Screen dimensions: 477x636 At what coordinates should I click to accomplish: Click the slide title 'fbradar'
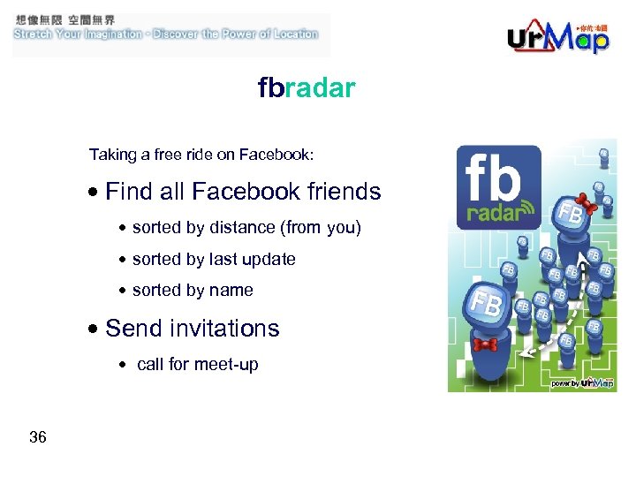[x=307, y=88]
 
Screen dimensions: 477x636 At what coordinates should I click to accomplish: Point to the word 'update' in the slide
[x=270, y=260]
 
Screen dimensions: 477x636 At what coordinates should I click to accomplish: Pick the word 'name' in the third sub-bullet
[x=232, y=291]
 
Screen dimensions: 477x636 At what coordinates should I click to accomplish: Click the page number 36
[x=38, y=437]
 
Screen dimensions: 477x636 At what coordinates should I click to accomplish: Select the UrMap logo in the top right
[x=558, y=37]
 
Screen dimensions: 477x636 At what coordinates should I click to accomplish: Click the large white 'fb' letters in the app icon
[x=493, y=178]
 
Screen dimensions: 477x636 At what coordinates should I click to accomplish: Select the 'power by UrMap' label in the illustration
[x=582, y=383]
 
